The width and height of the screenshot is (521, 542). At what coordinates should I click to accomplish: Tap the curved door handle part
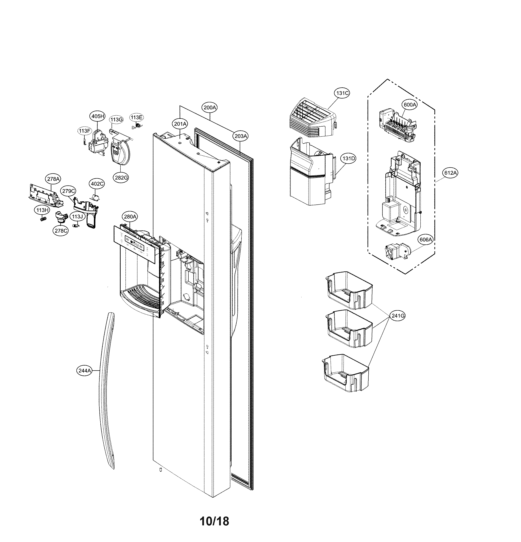107,387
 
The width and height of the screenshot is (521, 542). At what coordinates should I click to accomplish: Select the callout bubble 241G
398,315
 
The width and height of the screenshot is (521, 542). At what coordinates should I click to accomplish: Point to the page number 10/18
214,521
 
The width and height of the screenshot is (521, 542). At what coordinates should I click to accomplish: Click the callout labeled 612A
450,173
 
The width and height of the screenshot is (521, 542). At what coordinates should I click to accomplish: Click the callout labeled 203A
240,136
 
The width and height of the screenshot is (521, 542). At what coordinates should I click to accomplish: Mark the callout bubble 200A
210,107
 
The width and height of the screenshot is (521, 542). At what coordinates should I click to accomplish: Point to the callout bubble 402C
97,184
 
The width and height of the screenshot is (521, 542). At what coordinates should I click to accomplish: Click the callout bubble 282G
121,178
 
